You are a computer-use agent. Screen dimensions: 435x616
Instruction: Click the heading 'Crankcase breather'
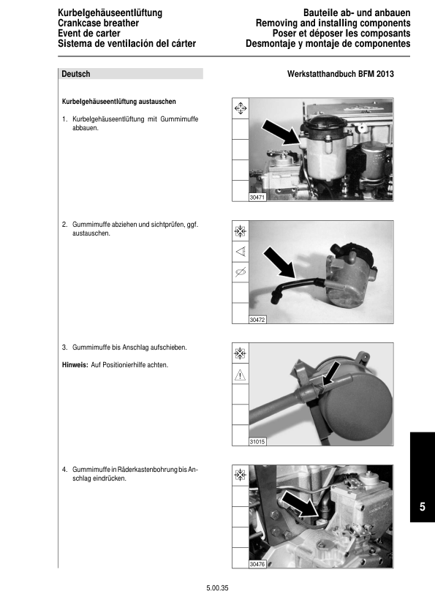[98, 23]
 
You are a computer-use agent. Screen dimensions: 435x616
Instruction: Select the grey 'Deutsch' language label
[76, 74]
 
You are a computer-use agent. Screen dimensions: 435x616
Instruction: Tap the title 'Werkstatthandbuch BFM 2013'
[341, 74]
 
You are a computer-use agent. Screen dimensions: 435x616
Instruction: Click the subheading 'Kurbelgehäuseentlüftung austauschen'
[119, 102]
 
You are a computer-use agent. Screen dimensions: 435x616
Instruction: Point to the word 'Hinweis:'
[75, 365]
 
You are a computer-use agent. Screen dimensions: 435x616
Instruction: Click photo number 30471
[257, 198]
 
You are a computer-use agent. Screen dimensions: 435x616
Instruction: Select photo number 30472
[257, 320]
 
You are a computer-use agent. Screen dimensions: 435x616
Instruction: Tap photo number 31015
[257, 442]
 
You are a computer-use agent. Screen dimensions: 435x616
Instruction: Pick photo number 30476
[257, 564]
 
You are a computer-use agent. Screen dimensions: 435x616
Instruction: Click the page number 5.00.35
[217, 588]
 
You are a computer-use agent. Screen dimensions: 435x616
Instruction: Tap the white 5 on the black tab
[423, 507]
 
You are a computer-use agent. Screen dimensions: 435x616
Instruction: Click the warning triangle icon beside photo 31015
[240, 375]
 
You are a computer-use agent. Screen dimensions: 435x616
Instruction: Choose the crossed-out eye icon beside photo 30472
[241, 272]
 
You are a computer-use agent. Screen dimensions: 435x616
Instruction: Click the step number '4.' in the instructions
[65, 470]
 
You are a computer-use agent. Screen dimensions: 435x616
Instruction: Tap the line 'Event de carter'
[88, 34]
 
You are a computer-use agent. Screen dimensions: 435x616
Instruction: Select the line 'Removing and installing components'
[333, 23]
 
